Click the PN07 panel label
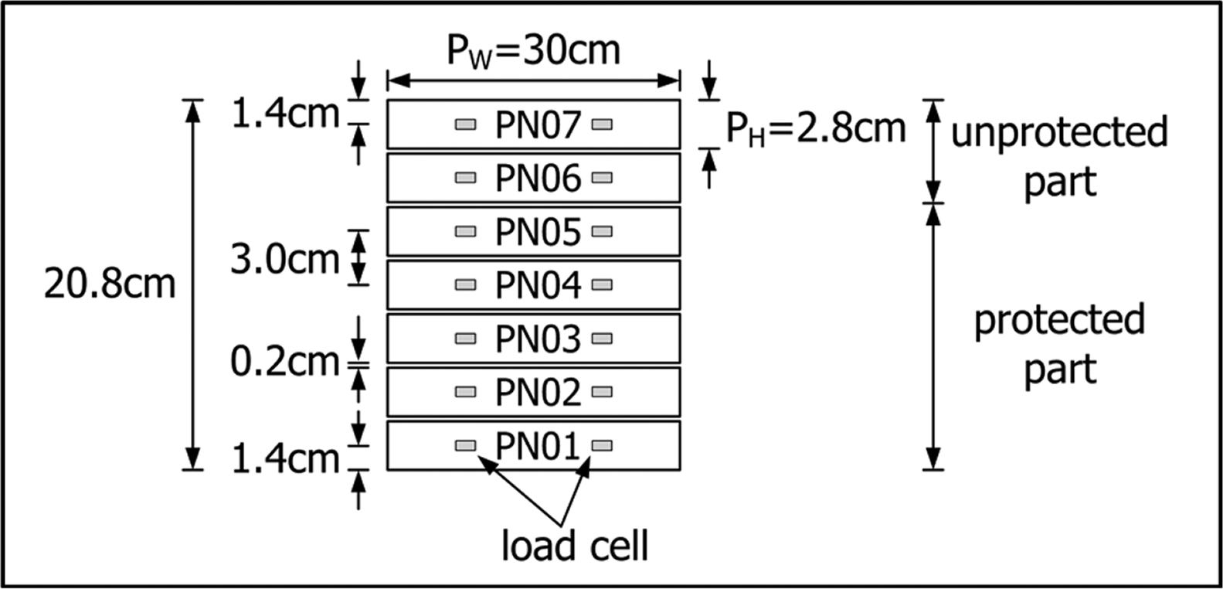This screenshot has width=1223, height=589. (x=538, y=125)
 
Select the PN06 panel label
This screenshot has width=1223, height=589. (x=538, y=179)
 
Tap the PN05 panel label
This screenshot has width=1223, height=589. (x=538, y=232)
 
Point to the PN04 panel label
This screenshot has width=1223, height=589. (x=538, y=285)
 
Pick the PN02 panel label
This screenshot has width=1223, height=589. (x=538, y=393)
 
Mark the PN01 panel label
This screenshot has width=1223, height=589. (x=538, y=446)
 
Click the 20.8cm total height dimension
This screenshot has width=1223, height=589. (x=110, y=285)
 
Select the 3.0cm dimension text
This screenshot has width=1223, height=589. (x=284, y=260)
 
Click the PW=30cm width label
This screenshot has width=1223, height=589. (x=534, y=51)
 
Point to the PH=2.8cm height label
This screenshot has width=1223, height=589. (x=815, y=128)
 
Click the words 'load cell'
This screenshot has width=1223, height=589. (x=575, y=546)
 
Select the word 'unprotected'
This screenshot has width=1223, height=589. (x=1058, y=132)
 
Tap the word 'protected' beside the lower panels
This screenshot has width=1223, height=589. (x=1059, y=319)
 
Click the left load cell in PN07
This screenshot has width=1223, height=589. (x=465, y=124)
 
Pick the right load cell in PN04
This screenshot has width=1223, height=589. (x=603, y=285)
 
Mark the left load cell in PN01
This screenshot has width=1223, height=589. (x=465, y=445)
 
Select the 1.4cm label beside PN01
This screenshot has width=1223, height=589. (x=284, y=459)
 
